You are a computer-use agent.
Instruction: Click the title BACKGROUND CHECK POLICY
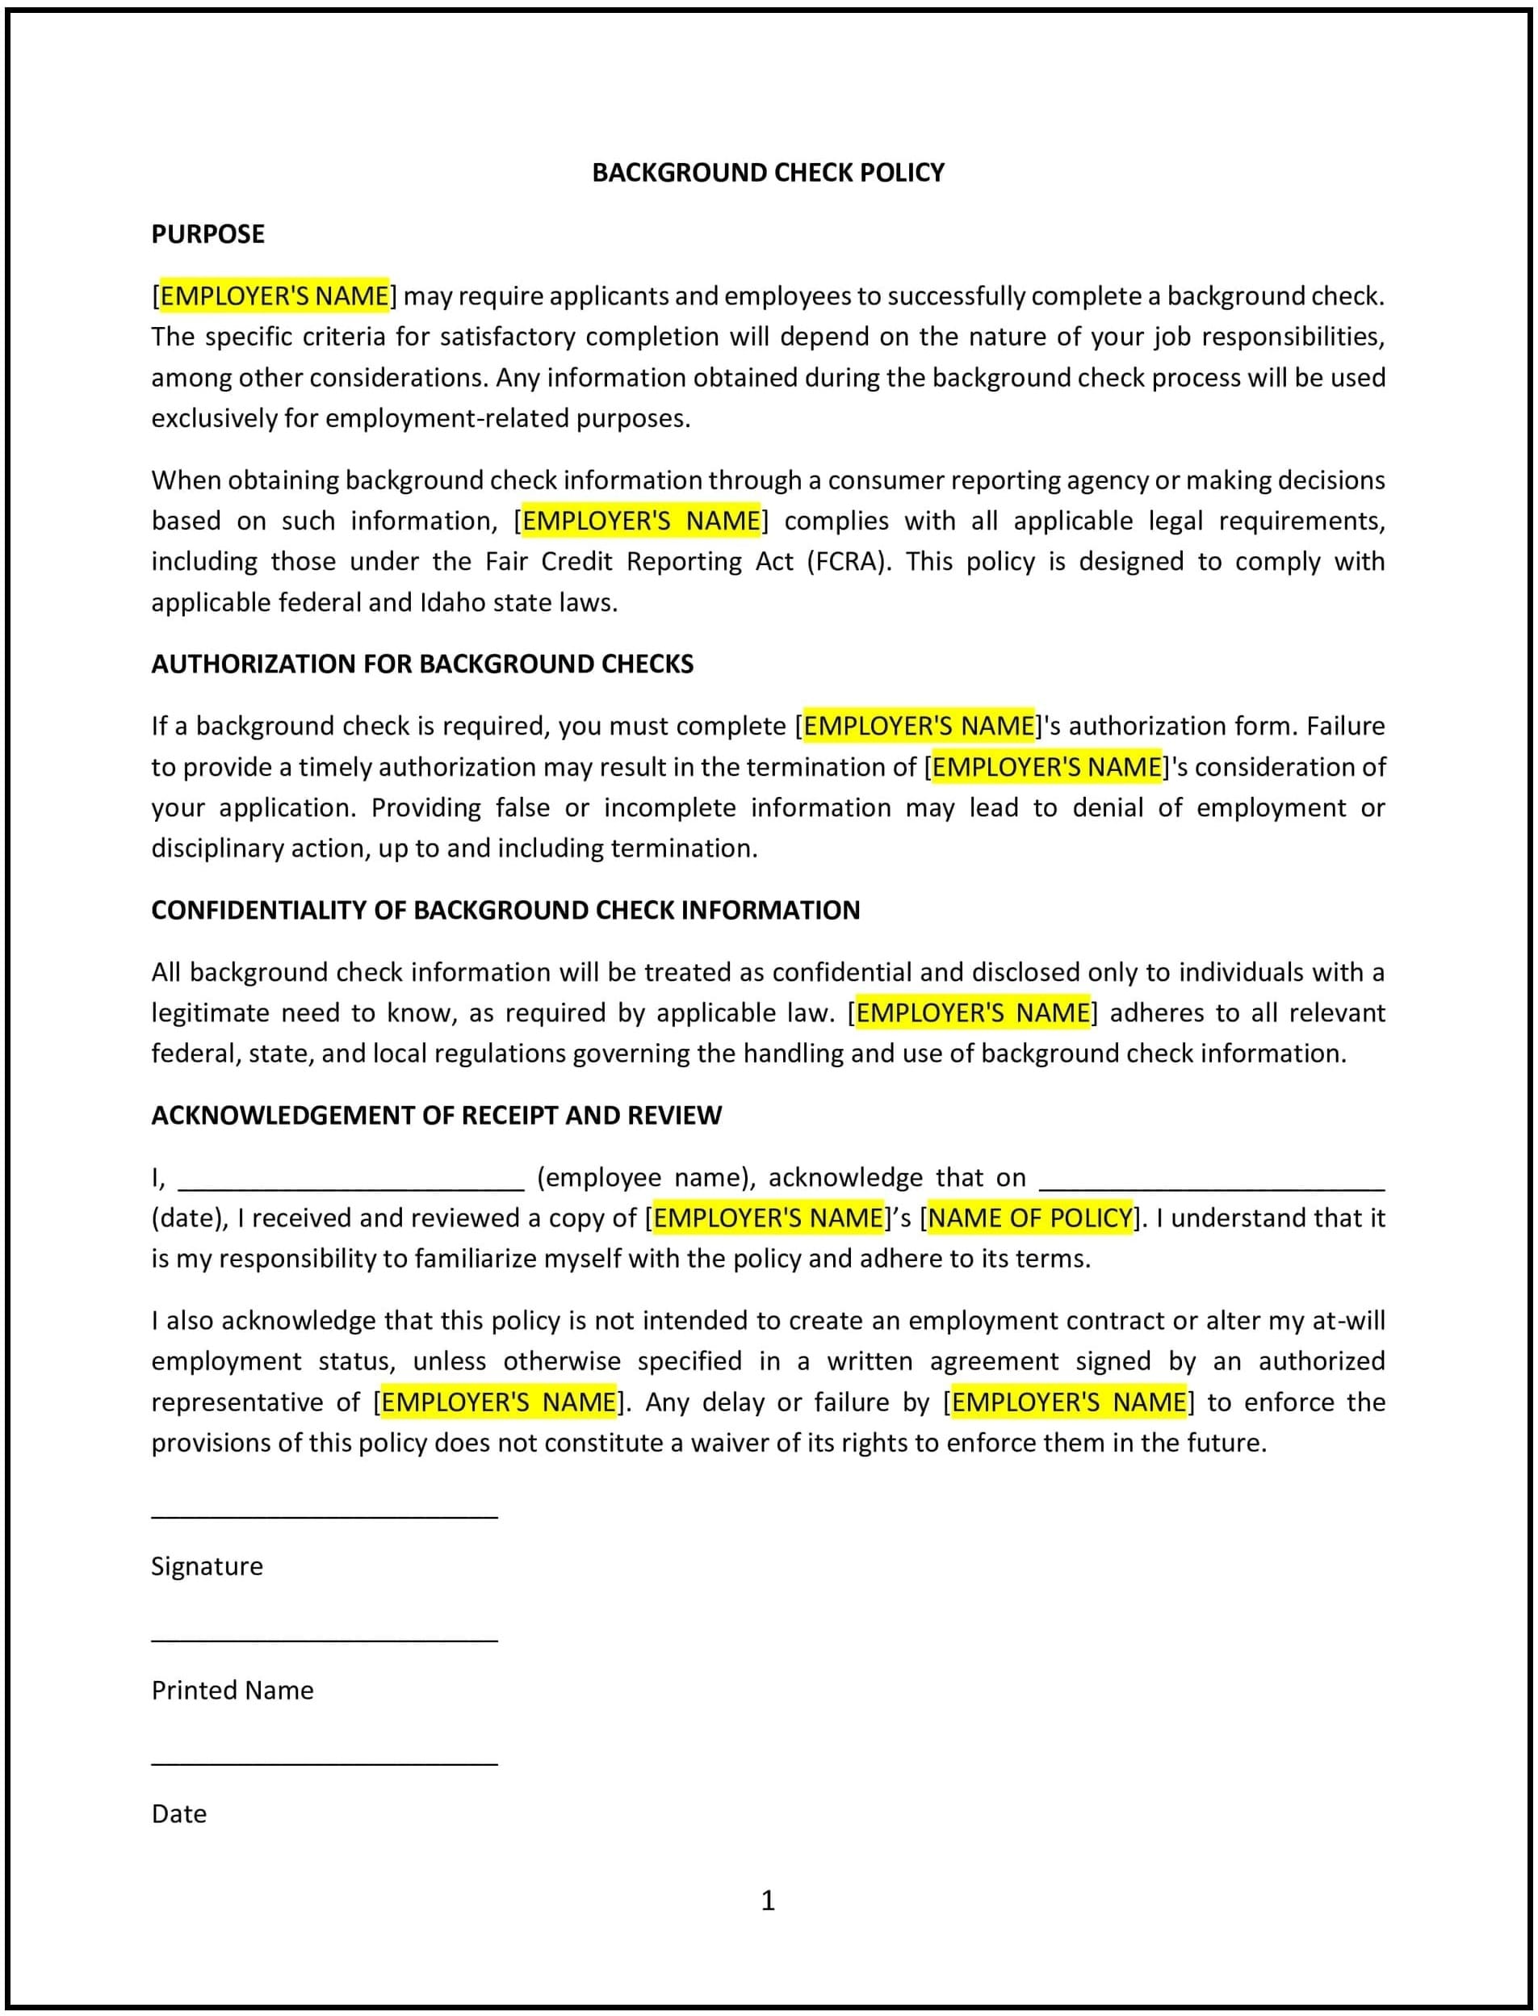pyautogui.click(x=768, y=172)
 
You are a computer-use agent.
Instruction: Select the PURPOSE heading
pyautogui.click(x=207, y=234)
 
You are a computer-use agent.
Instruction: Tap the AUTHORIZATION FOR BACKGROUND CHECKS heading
pyautogui.click(x=422, y=664)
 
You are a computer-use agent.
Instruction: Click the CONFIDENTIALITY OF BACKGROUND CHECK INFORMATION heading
pyautogui.click(x=505, y=910)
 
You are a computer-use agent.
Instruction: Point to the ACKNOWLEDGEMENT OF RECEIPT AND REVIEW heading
pyautogui.click(x=437, y=1115)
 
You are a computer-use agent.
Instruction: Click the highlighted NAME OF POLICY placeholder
pyautogui.click(x=1030, y=1218)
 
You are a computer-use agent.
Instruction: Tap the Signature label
pyautogui.click(x=207, y=1566)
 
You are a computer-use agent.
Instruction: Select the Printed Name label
pyautogui.click(x=233, y=1690)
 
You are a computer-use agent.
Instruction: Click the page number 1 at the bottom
pyautogui.click(x=768, y=1901)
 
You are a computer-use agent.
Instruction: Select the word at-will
pyautogui.click(x=1348, y=1320)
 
